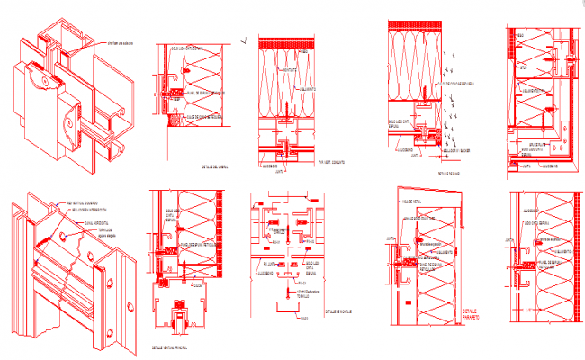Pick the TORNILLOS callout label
(107, 231)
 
